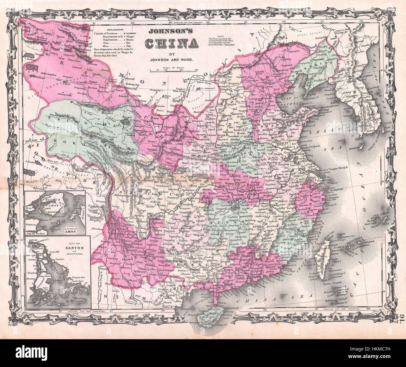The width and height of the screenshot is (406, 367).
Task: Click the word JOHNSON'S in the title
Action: [172, 31]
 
